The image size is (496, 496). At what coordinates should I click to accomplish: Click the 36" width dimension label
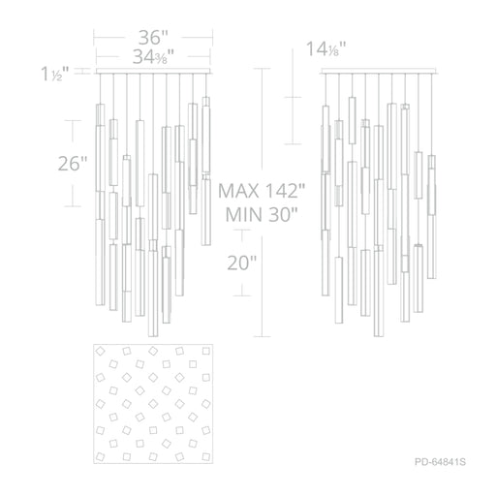[153, 38]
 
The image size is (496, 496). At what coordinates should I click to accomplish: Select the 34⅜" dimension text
[153, 57]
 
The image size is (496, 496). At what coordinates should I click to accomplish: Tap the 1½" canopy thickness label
[55, 74]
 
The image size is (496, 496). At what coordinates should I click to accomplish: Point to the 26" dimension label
[73, 164]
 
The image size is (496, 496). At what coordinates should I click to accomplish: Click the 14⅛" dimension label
[325, 49]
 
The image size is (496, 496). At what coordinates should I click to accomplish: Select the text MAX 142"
[262, 191]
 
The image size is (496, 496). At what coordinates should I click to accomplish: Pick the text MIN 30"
[262, 214]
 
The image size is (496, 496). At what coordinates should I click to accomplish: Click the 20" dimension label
[242, 263]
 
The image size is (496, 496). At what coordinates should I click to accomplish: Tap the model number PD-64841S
[440, 462]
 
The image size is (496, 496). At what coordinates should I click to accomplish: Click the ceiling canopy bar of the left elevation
[153, 71]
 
